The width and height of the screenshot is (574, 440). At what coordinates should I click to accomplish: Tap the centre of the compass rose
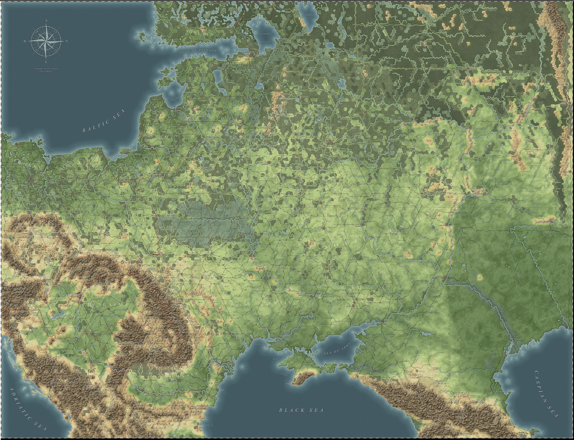pos(46,41)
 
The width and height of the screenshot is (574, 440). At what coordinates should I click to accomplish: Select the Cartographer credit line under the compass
pos(46,68)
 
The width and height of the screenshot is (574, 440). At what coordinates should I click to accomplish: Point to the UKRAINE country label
pos(281,303)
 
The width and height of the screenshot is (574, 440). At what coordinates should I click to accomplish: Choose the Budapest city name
pos(76,302)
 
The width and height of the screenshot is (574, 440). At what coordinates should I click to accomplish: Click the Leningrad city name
pos(247,52)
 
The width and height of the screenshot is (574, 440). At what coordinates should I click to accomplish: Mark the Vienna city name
pos(50,279)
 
